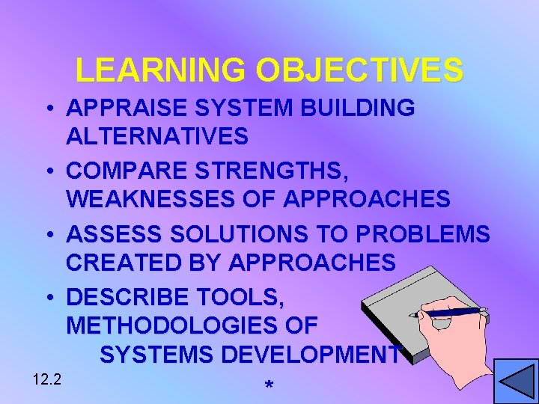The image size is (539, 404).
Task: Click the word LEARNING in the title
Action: pos(160,70)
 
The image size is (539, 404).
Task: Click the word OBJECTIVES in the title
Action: pos(359,70)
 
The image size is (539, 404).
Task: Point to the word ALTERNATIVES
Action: pos(157,137)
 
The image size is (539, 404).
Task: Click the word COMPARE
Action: pos(123,171)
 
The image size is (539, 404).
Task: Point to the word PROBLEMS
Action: pos(423,234)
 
